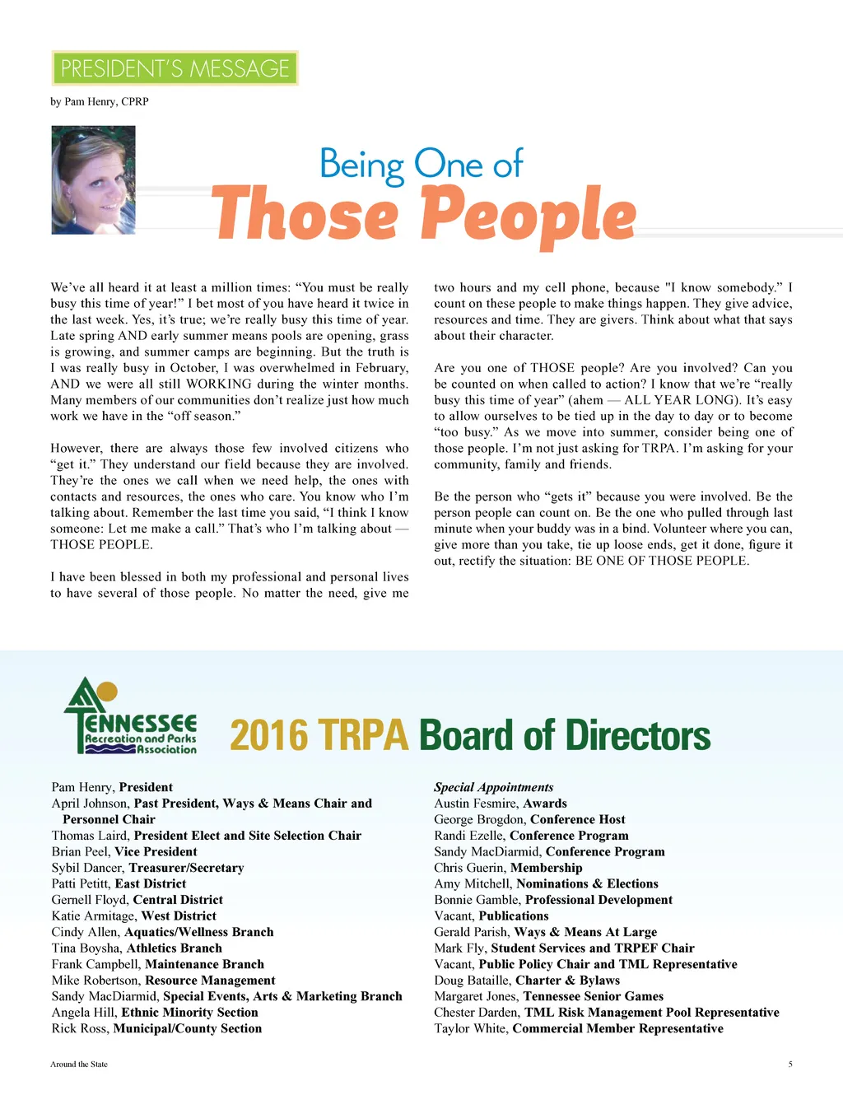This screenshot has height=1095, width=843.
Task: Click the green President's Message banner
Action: point(175,68)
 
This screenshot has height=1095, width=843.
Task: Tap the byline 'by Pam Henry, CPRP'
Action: point(100,101)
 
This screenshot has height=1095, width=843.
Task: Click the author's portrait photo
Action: point(93,180)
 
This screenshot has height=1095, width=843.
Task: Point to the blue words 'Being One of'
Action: point(421,164)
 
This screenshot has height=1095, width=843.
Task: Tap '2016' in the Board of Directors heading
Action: point(268,735)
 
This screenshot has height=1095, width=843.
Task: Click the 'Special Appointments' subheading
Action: point(493,787)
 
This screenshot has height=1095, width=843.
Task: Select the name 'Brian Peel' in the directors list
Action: point(80,851)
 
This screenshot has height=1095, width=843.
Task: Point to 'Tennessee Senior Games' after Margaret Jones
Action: point(593,996)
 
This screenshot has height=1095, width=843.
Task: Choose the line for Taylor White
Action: point(578,1028)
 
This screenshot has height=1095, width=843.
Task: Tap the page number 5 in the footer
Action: point(790,1064)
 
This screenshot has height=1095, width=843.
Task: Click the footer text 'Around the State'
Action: point(79,1064)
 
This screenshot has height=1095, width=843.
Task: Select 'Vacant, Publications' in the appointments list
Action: point(491,916)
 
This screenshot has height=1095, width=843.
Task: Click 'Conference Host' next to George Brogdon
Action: point(577,819)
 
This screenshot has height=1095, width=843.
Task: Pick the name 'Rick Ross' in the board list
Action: point(79,1028)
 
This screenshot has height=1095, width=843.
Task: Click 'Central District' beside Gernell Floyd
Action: point(178,900)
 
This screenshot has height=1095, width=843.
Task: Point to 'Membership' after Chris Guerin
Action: point(546,868)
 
